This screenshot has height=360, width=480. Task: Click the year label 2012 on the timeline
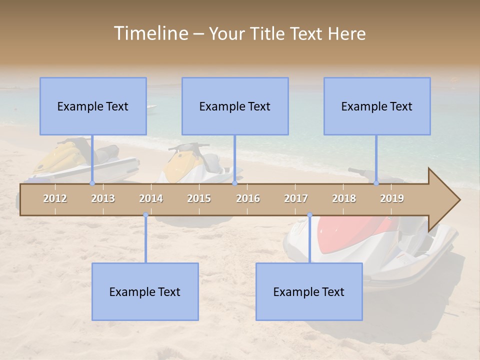point(55,199)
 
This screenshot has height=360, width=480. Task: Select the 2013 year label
point(103,199)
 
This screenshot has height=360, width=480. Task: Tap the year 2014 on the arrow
point(151,199)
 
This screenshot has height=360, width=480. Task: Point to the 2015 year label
point(199,199)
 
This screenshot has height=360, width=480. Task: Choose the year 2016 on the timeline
point(248,199)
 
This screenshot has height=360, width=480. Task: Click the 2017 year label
point(296,199)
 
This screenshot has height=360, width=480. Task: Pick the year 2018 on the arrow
point(344,199)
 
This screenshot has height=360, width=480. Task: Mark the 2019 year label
point(392,199)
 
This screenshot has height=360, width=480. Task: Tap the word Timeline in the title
point(150,33)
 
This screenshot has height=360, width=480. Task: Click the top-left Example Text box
point(93,106)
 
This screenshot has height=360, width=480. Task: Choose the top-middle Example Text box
point(235,106)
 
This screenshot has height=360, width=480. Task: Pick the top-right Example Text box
point(377,106)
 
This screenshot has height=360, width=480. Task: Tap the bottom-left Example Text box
point(145,291)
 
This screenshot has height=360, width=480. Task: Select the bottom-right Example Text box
point(309,291)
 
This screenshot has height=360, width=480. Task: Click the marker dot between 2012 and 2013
point(92,183)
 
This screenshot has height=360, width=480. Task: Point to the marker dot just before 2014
point(145,215)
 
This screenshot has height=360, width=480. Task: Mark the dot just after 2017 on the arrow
point(309,215)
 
